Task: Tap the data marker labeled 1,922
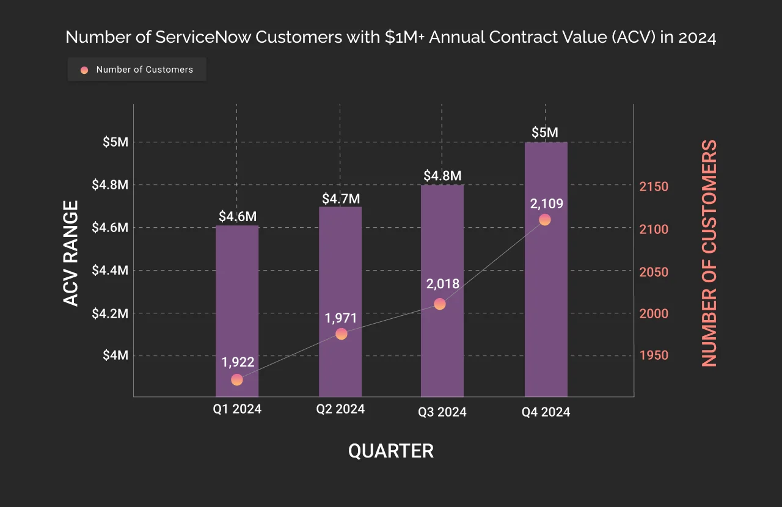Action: pyautogui.click(x=237, y=380)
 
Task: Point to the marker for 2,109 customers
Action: pyautogui.click(x=545, y=220)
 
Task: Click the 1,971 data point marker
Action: pyautogui.click(x=342, y=334)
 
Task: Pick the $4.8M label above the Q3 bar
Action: pyautogui.click(x=442, y=176)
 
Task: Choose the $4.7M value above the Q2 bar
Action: pyautogui.click(x=340, y=199)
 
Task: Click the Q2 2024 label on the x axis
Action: pyautogui.click(x=340, y=409)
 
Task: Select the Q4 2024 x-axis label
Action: pyautogui.click(x=546, y=412)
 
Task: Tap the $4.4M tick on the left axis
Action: pyautogui.click(x=110, y=270)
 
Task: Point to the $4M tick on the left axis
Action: pyautogui.click(x=115, y=356)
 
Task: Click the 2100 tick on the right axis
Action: pyautogui.click(x=654, y=230)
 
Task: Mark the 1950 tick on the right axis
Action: pyautogui.click(x=654, y=356)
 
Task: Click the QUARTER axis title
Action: pyautogui.click(x=391, y=451)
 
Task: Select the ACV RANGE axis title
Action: pyautogui.click(x=71, y=253)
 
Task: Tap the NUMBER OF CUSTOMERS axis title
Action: pyautogui.click(x=709, y=253)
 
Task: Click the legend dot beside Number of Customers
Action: pyautogui.click(x=84, y=70)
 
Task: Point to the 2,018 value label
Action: pyautogui.click(x=442, y=283)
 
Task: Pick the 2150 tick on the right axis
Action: pyautogui.click(x=654, y=187)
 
